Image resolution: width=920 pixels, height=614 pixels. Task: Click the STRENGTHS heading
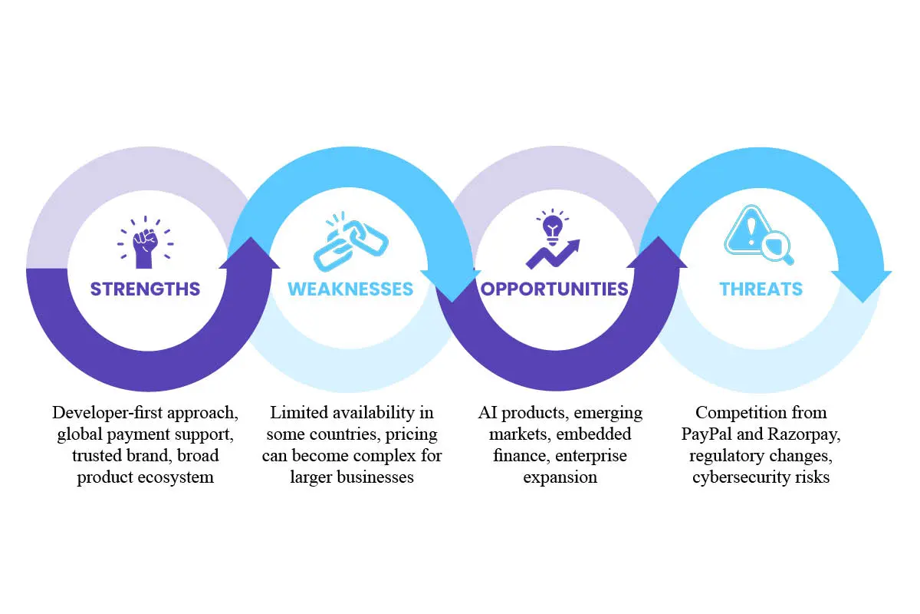[146, 289]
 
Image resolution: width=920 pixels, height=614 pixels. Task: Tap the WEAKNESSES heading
[350, 289]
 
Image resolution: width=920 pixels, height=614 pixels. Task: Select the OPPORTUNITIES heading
[554, 289]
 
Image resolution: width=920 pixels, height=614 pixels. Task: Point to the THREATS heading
[761, 289]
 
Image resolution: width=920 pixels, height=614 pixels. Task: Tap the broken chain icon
[351, 242]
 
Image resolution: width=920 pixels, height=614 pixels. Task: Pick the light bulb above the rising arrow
[553, 228]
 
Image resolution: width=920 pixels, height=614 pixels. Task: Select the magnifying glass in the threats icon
[777, 248]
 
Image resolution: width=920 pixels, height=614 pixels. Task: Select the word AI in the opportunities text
[488, 412]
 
